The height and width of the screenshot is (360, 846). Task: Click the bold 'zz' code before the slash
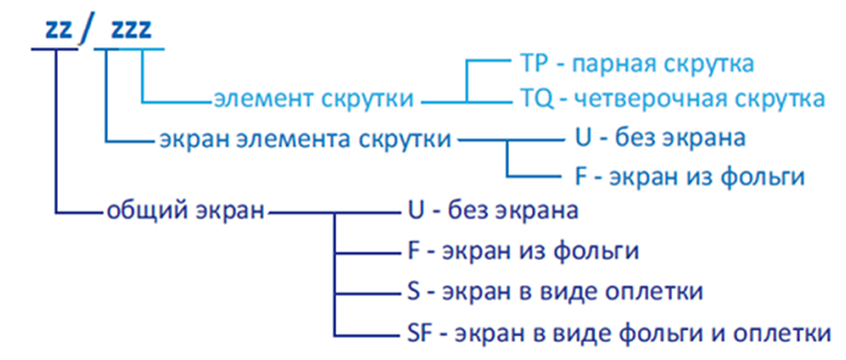tap(60, 29)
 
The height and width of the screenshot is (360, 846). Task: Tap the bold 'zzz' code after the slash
tap(130, 29)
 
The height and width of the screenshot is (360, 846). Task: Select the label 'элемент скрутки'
tap(314, 100)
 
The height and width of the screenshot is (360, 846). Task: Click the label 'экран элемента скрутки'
tap(305, 140)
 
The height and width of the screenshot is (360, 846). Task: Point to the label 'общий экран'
tap(185, 211)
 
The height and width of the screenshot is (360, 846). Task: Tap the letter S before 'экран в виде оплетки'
tap(409, 291)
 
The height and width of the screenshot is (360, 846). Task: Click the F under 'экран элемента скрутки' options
tap(581, 176)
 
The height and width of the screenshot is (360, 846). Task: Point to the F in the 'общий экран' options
tap(409, 251)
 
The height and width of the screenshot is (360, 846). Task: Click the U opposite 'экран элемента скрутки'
tap(584, 139)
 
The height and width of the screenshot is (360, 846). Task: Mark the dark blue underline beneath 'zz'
tap(54, 49)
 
